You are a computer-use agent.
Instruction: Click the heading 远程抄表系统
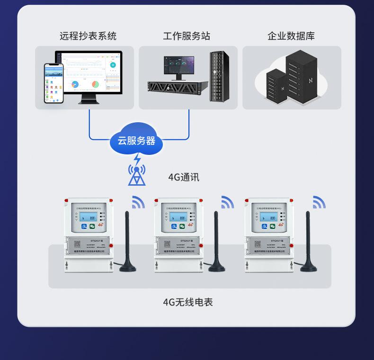pos(88,36)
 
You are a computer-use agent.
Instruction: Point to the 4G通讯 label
pos(184,178)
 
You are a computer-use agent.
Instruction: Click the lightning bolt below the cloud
pos(137,160)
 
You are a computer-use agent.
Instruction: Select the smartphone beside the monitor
pos(53,83)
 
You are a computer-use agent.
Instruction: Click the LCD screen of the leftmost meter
pos(87,218)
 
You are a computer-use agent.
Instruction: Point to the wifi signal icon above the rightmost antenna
pos(319,203)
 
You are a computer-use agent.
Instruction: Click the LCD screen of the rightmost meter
pos(267,218)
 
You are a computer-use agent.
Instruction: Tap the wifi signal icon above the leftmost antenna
pos(138,203)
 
